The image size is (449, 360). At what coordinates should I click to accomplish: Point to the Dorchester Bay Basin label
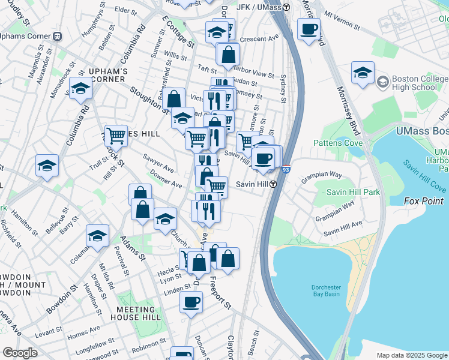pyautogui.click(x=326, y=290)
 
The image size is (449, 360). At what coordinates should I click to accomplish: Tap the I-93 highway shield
pyautogui.click(x=286, y=170)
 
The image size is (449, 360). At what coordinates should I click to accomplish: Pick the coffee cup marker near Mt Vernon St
pyautogui.click(x=309, y=29)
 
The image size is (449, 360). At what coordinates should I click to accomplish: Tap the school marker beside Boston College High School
pyautogui.click(x=363, y=73)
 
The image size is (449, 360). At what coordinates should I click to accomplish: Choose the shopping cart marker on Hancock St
pyautogui.click(x=116, y=136)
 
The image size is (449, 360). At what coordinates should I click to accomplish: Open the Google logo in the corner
pyautogui.click(x=19, y=353)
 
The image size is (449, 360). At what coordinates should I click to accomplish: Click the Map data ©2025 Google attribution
pyautogui.click(x=411, y=355)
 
